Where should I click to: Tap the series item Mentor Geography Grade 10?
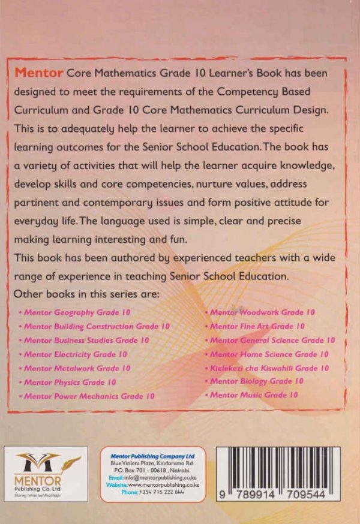tap(77, 313)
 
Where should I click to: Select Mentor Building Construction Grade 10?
tap(97, 327)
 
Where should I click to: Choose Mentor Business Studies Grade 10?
tap(86, 341)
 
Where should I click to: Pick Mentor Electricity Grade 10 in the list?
tap(76, 354)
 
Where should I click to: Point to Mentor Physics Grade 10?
tap(70, 382)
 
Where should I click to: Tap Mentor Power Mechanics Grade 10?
tap(89, 396)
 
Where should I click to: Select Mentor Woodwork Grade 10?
tap(262, 312)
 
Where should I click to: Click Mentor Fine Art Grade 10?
tap(257, 327)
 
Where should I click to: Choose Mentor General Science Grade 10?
tap(272, 341)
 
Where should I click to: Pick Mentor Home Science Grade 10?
tap(269, 354)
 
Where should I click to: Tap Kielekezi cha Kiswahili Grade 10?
tap(269, 368)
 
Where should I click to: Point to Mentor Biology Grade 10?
tap(257, 381)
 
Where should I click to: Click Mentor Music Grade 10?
tap(254, 395)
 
